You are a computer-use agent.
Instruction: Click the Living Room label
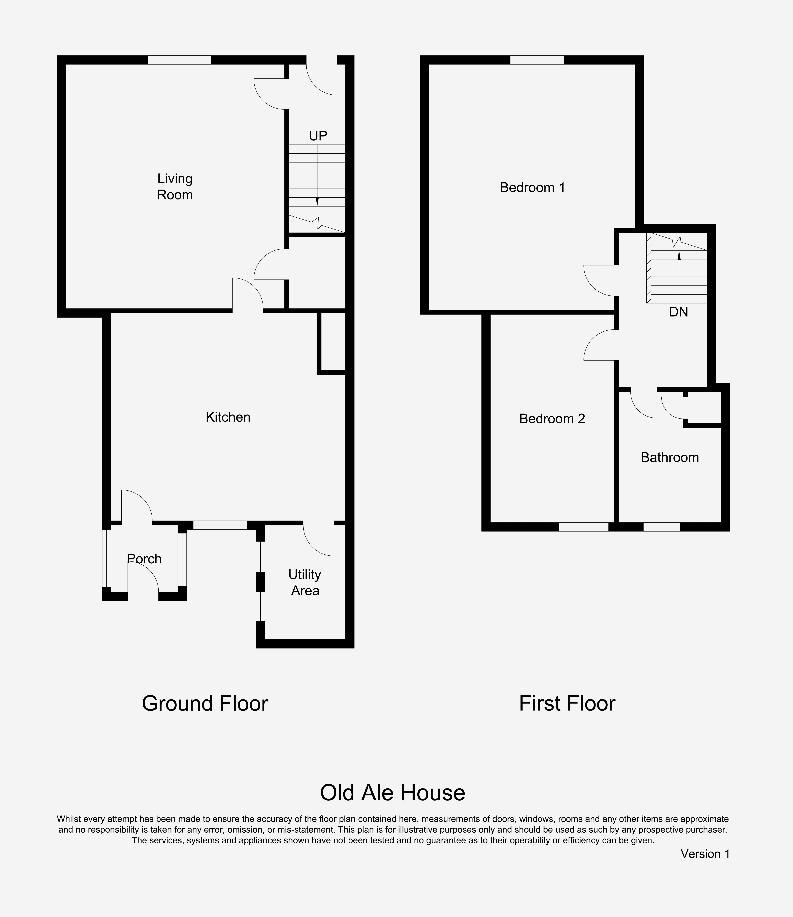175,187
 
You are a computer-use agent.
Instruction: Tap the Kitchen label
228,417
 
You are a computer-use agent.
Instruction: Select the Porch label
144,559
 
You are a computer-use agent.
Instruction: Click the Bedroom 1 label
532,188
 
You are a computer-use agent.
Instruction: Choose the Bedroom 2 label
552,419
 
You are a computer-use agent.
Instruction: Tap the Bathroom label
670,457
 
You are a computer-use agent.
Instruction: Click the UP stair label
318,136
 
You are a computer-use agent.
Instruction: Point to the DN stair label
678,312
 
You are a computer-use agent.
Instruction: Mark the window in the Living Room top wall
179,60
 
